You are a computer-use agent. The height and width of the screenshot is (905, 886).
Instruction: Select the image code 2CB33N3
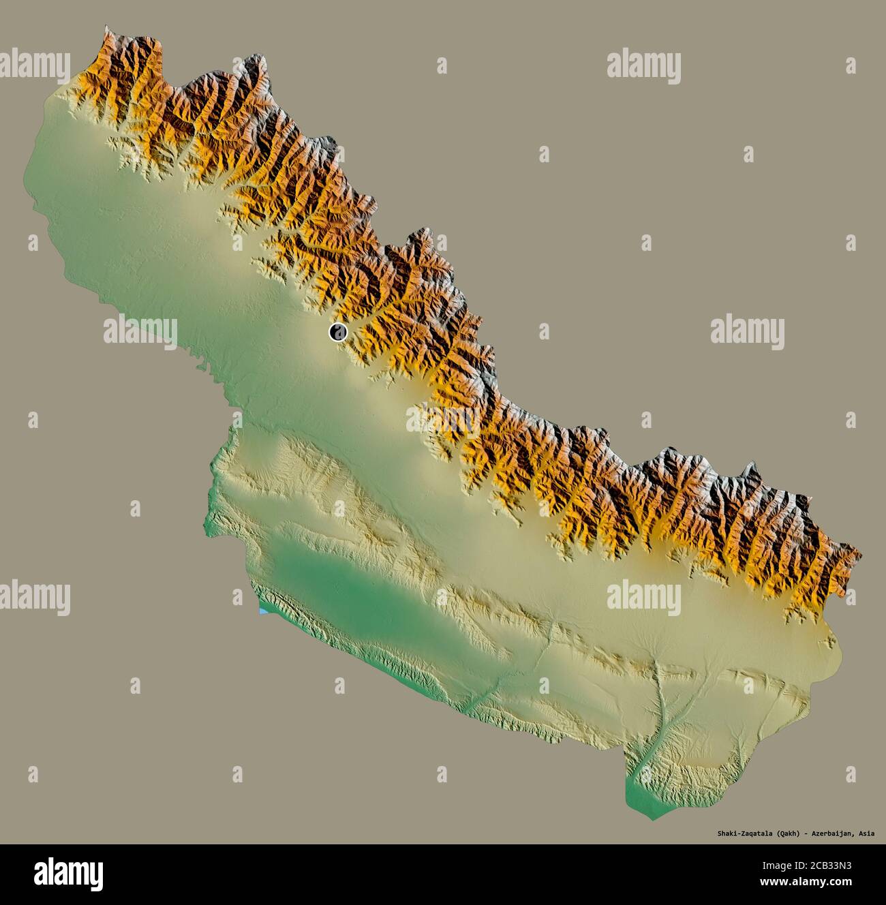[834, 868]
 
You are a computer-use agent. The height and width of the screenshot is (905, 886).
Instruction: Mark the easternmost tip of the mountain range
[860, 555]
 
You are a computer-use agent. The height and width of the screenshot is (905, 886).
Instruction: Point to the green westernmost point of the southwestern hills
[207, 525]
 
